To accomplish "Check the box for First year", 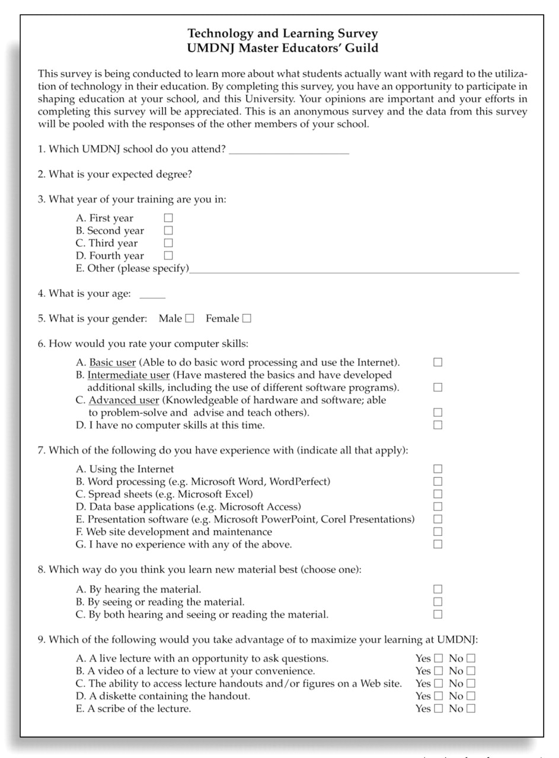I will pos(168,218).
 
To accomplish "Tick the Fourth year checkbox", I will pos(168,256).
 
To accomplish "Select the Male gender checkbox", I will pos(189,319).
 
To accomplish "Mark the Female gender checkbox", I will pos(247,319).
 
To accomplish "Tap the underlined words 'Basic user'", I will pos(112,362).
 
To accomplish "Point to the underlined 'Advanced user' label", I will pos(123,400).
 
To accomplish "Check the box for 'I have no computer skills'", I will pos(437,425).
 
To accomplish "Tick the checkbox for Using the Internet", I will pos(437,469).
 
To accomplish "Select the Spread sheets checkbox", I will pos(437,494).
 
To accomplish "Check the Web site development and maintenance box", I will pos(437,532).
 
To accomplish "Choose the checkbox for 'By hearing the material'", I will pos(437,589).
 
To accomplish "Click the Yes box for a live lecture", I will pos(438,658).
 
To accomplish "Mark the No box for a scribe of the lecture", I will pos(471,708).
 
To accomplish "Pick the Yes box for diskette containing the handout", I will pos(438,696).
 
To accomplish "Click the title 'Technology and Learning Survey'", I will pos(282,34).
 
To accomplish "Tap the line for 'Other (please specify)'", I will pos(354,269).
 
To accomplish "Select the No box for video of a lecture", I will pos(471,671).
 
